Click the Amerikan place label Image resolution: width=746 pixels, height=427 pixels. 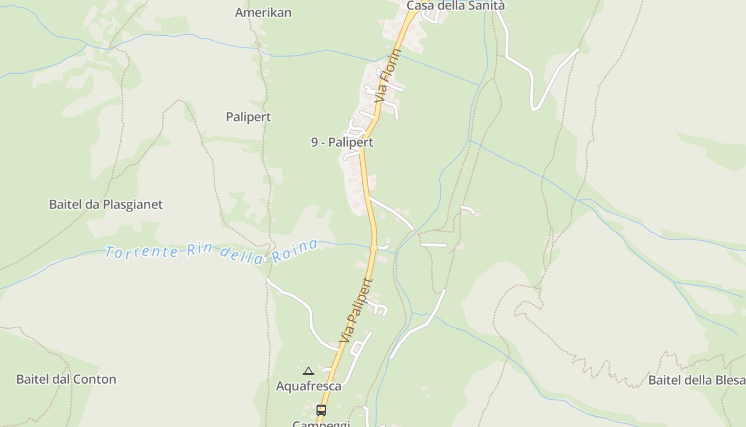263,13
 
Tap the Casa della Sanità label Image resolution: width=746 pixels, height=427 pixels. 455,6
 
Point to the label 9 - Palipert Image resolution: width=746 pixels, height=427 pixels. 342,143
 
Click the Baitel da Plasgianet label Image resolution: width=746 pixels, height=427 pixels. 106,204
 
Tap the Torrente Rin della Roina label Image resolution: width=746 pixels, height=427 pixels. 212,251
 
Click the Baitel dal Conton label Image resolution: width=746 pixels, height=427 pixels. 66,379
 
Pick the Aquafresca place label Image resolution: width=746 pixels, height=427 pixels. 309,386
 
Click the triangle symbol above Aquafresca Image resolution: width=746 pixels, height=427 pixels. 308,371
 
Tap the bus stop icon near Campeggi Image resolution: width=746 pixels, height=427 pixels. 321,410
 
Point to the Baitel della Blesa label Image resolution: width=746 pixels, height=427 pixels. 696,380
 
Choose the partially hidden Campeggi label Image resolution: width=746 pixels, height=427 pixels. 321,424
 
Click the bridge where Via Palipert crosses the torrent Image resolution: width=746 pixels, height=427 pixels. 374,248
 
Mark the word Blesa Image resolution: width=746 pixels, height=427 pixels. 728,380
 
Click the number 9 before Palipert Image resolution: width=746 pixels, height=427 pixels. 315,143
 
